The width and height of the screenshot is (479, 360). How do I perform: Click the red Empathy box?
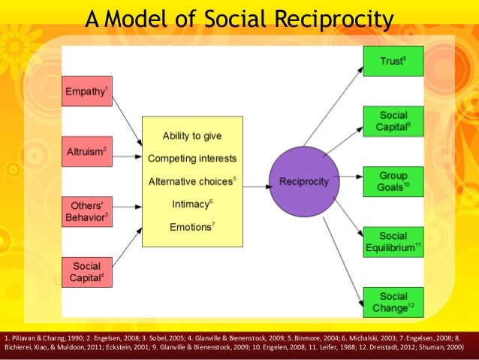tap(86, 92)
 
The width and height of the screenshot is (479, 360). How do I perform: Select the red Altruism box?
tap(86, 153)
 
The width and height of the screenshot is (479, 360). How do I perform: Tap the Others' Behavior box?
tap(86, 212)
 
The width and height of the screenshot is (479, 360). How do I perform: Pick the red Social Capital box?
tap(86, 272)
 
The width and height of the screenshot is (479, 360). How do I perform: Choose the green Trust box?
tap(393, 61)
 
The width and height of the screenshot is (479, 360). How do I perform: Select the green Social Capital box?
tap(393, 121)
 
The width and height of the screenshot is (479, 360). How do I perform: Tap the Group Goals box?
tap(393, 181)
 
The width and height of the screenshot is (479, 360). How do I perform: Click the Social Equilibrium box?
tap(393, 241)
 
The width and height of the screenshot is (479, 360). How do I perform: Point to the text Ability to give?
tap(191, 136)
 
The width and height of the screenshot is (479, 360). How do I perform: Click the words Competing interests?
tap(191, 159)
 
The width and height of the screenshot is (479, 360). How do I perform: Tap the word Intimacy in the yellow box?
tap(188, 204)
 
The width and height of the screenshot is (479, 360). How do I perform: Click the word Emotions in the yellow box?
tap(188, 226)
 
